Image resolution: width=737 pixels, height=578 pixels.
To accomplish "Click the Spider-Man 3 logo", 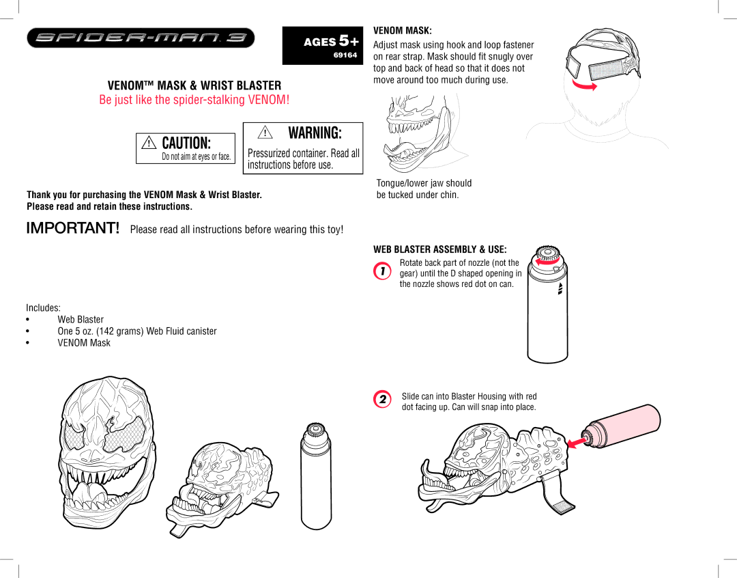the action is tap(141, 38).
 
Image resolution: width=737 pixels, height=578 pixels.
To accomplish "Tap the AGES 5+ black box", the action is tap(322, 46).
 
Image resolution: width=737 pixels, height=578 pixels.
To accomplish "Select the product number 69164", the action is tap(345, 55).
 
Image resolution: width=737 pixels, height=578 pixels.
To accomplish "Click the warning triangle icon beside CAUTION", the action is tap(149, 142).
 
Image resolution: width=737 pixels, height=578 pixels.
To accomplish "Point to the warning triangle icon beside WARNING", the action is tap(265, 133).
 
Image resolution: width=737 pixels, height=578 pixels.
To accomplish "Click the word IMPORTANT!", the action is tap(73, 228).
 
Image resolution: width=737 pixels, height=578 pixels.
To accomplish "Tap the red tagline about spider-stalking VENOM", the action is tap(194, 100).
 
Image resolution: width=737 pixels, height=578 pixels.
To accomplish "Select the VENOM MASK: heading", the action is tap(403, 31).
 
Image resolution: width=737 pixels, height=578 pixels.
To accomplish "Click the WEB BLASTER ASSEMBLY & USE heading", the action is tap(440, 249).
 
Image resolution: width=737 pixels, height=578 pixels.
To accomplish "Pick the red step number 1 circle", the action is tap(382, 271).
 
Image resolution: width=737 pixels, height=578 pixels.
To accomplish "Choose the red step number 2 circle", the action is tap(382, 399).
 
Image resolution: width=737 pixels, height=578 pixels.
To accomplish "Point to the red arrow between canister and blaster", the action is tap(577, 442).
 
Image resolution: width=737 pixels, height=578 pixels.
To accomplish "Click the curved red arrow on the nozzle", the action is tap(547, 262).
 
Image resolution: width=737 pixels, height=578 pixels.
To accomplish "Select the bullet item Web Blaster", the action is tap(81, 319).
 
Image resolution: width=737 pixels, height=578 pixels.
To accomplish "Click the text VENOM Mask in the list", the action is tap(84, 343).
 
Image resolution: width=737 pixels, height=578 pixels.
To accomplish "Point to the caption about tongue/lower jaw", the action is tap(424, 189).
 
